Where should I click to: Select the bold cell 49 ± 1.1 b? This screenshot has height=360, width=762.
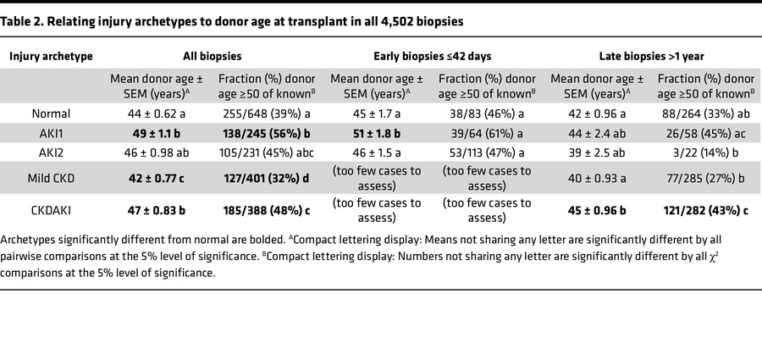[147, 133]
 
